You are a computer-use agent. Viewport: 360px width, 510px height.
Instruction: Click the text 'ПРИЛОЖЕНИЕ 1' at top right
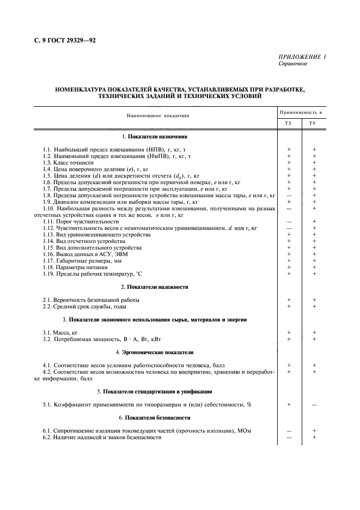click(302, 57)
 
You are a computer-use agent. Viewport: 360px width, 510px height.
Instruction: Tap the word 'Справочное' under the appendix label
click(293, 64)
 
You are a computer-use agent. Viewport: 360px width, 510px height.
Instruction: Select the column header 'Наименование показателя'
click(158, 116)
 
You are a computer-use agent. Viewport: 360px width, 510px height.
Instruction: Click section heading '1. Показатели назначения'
click(158, 136)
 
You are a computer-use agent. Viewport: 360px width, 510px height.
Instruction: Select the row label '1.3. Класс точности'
click(68, 162)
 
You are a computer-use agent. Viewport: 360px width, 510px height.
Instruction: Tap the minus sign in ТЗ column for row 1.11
click(289, 221)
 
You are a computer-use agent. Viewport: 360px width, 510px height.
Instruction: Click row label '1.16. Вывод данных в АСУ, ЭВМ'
click(82, 254)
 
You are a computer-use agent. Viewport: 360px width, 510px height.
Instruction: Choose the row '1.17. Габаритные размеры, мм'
click(80, 260)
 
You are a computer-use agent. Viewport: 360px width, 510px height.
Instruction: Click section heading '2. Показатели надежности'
click(158, 287)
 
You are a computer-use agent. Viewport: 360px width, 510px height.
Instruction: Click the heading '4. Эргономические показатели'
click(158, 352)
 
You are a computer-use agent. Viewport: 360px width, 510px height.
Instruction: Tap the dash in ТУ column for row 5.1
click(314, 404)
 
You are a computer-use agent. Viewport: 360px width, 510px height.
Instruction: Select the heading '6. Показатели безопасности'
click(158, 417)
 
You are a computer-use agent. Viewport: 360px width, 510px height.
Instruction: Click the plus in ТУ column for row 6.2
click(314, 437)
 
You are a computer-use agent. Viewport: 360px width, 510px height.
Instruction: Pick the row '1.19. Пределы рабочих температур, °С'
click(90, 274)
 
